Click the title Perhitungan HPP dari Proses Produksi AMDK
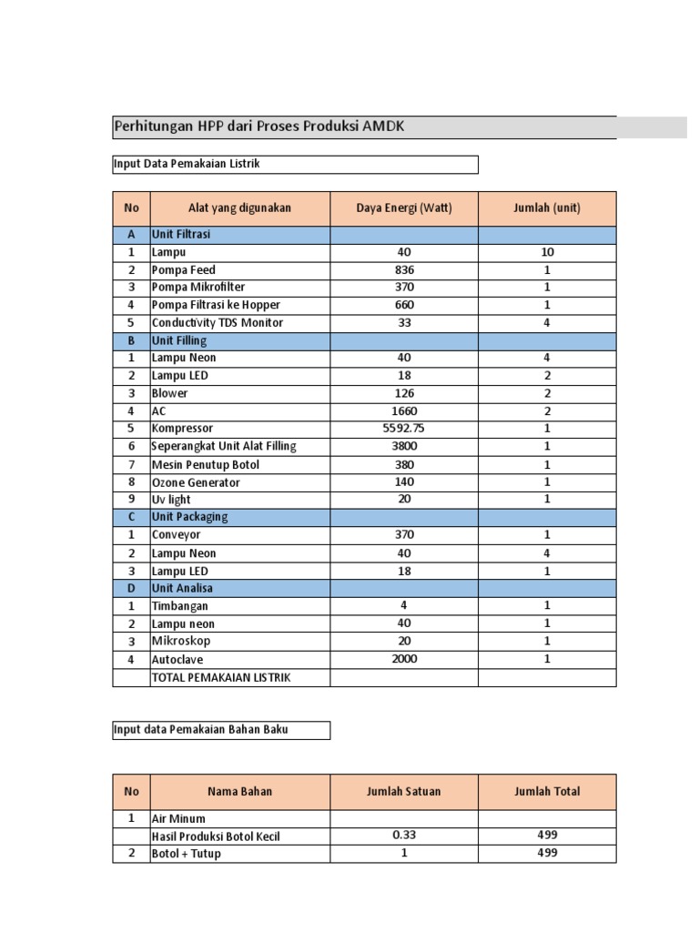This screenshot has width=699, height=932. point(258,127)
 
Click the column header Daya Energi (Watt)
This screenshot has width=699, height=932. point(404,208)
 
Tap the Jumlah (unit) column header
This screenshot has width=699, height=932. point(547,208)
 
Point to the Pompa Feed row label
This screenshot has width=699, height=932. point(184,270)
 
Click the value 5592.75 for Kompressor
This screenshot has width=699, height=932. point(404,429)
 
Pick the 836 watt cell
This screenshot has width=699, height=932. point(404,270)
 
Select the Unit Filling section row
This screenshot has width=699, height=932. point(179,340)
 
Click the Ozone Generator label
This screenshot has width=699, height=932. point(197,481)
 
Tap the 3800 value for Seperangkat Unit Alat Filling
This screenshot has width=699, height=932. point(404,446)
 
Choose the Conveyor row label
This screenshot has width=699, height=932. point(177,535)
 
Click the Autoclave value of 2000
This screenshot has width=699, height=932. point(404,659)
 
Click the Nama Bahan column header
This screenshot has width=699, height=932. point(240,792)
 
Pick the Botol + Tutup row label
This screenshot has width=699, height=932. point(187,854)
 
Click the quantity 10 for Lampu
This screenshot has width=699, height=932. point(547,252)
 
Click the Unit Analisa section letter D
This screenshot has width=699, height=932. point(131,589)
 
